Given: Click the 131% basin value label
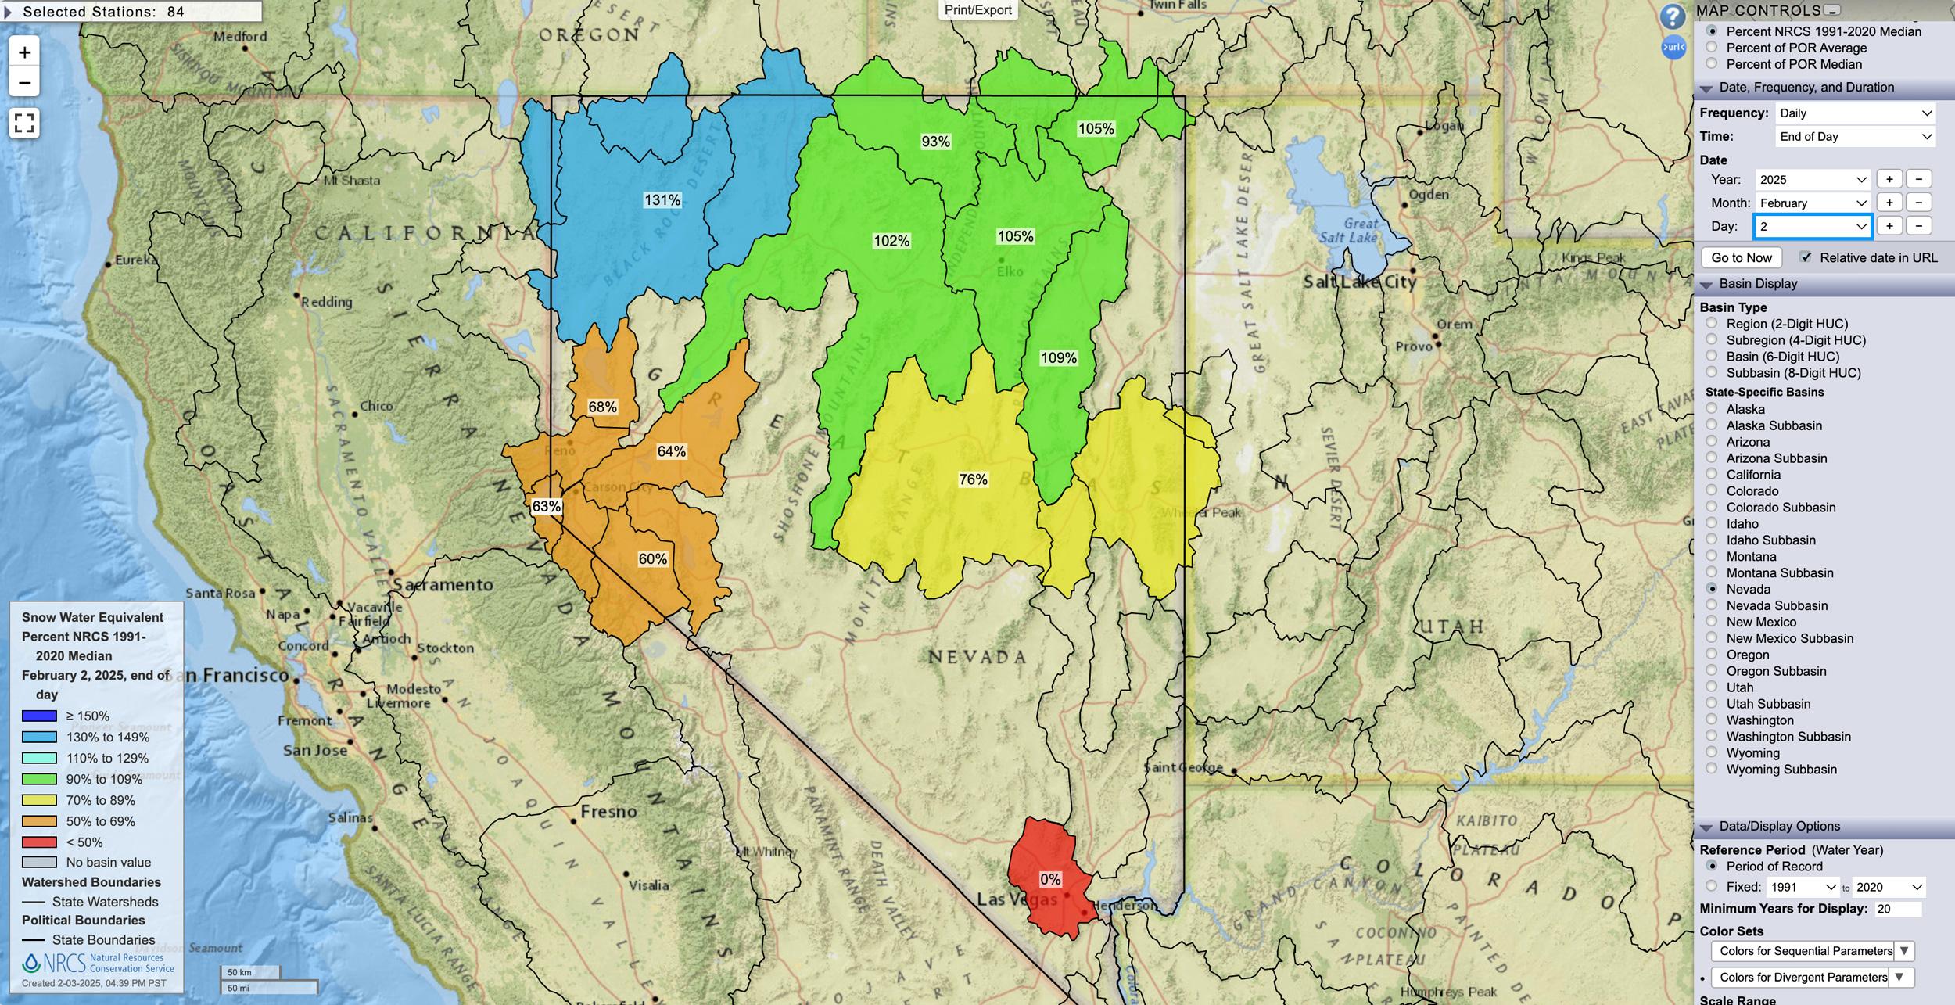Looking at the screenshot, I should pyautogui.click(x=662, y=200).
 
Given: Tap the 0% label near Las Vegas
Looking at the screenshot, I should pyautogui.click(x=1050, y=879).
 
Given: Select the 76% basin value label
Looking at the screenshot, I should pyautogui.click(x=973, y=479).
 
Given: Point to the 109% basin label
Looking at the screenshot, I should pyautogui.click(x=1058, y=358).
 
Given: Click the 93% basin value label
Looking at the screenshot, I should pyautogui.click(x=935, y=142).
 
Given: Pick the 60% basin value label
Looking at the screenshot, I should pyautogui.click(x=652, y=559).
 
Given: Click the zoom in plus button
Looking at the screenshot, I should pyautogui.click(x=24, y=52).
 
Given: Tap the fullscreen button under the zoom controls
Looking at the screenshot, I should pyautogui.click(x=24, y=123).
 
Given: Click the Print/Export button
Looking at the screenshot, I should pyautogui.click(x=977, y=10).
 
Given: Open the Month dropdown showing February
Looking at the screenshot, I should pyautogui.click(x=1811, y=203).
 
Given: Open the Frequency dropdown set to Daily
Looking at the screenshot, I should pyautogui.click(x=1855, y=113).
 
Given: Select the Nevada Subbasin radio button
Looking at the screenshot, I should pyautogui.click(x=1712, y=605).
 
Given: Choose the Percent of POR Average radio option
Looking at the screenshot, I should pyautogui.click(x=1712, y=48).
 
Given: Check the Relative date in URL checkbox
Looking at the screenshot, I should pyautogui.click(x=1806, y=257).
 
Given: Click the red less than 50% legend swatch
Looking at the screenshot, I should pyautogui.click(x=39, y=842).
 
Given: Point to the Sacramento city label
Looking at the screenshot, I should pyautogui.click(x=443, y=584).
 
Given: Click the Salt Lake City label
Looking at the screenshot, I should pyautogui.click(x=1359, y=282).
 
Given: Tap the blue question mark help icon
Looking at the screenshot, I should pyautogui.click(x=1672, y=16).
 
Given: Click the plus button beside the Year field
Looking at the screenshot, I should pyautogui.click(x=1889, y=179).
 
